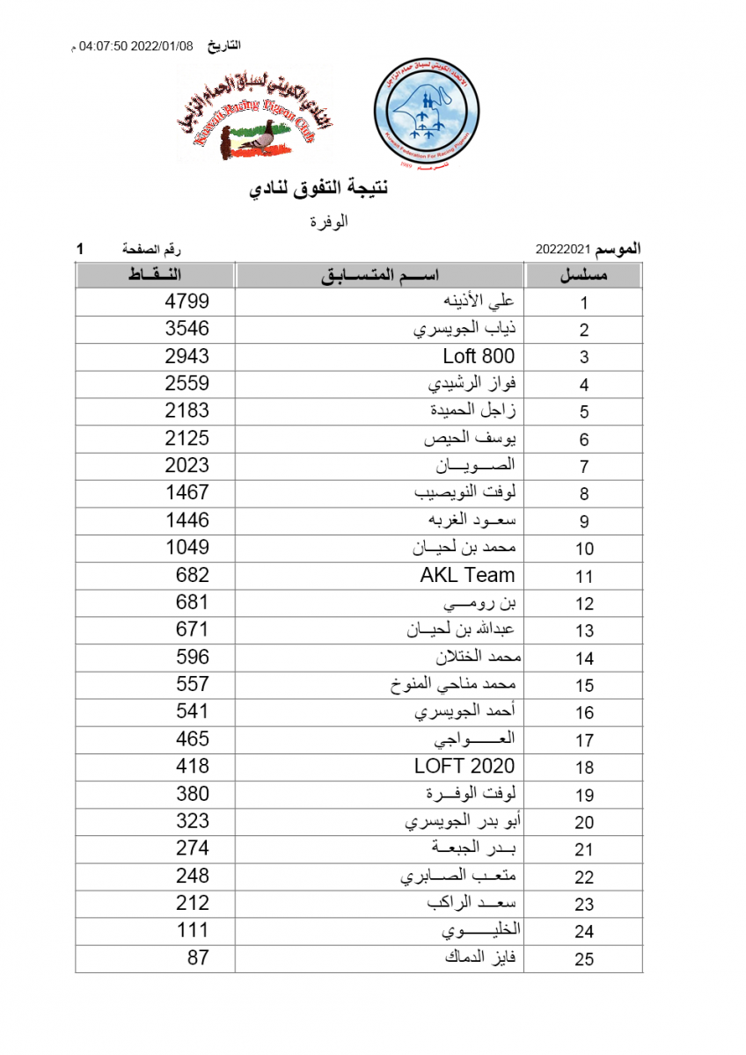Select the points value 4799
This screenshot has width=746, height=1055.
pyautogui.click(x=187, y=302)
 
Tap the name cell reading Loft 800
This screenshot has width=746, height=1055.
pyautogui.click(x=479, y=357)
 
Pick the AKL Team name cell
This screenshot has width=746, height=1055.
pyautogui.click(x=467, y=576)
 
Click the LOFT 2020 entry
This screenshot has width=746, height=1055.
pyautogui.click(x=464, y=767)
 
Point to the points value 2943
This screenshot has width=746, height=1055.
pyautogui.click(x=187, y=357)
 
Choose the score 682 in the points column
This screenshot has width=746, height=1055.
pyautogui.click(x=193, y=576)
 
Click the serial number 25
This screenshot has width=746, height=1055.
pyautogui.click(x=584, y=959)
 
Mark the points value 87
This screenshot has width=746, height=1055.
pyautogui.click(x=198, y=957)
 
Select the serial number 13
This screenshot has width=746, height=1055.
pyautogui.click(x=584, y=630)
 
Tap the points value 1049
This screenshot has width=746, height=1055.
pyautogui.click(x=187, y=548)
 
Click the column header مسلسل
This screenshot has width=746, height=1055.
pyautogui.click(x=584, y=275)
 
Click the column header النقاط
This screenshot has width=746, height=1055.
pyautogui.click(x=155, y=275)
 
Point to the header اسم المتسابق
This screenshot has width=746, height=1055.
pyautogui.click(x=379, y=275)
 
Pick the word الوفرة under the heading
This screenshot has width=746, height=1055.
pyautogui.click(x=329, y=222)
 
